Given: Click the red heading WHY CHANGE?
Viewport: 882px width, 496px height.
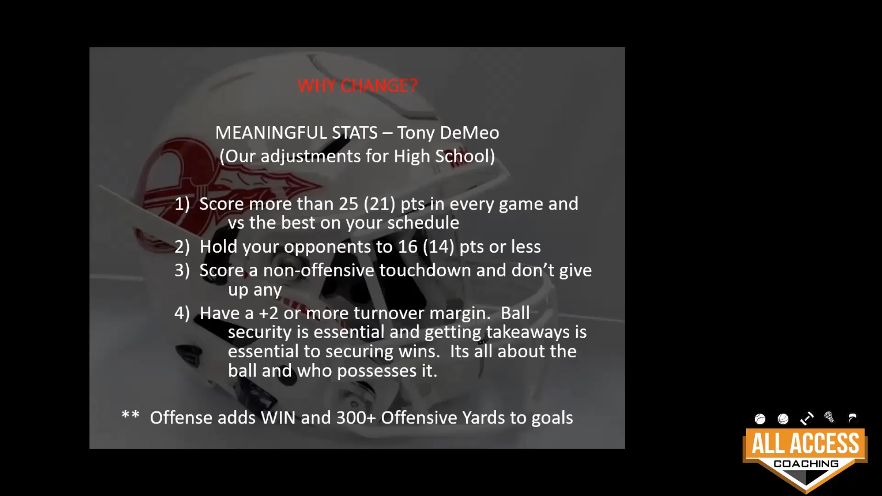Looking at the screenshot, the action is click(357, 85).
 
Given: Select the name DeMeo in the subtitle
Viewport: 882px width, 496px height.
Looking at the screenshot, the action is click(469, 133).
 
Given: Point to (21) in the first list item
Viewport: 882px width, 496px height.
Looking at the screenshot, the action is click(379, 204).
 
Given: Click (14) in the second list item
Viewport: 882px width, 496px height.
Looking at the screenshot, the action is click(438, 247).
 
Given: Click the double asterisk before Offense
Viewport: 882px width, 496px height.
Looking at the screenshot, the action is click(130, 415).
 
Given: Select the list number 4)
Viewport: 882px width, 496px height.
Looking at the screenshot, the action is click(182, 313).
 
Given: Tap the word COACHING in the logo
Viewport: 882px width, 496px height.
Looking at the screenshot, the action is click(806, 464).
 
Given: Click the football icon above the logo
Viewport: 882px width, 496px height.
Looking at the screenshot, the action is click(807, 418).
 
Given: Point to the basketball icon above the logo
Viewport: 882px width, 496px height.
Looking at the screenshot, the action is click(783, 419).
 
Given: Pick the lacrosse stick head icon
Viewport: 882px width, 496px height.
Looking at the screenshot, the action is click(830, 417).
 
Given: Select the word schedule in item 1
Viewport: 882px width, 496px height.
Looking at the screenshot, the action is click(423, 223).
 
